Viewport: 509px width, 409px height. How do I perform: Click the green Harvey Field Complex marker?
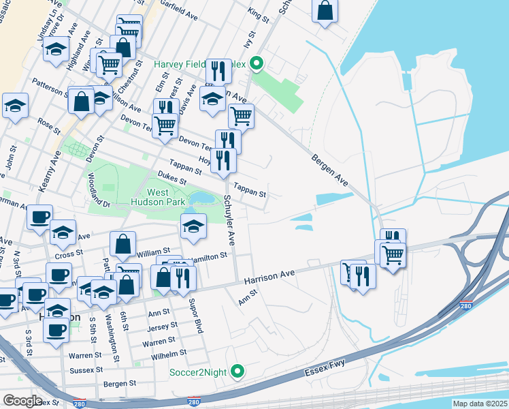257,65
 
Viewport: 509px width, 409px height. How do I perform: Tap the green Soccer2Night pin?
237,372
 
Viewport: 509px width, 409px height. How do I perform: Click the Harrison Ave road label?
269,276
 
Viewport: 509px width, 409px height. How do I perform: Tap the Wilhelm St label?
169,354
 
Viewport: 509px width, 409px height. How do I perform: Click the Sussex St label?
85,369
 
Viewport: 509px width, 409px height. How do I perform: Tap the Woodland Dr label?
99,189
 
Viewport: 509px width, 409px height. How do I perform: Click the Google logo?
22,401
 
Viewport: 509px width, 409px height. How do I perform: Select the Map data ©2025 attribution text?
480,404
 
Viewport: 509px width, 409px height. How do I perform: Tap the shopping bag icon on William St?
122,243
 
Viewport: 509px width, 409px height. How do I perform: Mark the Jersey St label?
162,326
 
